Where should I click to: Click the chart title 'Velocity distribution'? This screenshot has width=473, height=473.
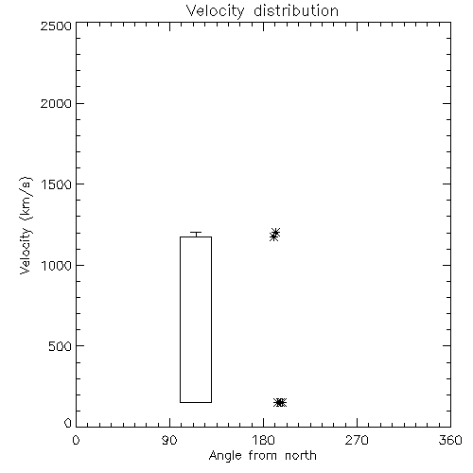[262, 10]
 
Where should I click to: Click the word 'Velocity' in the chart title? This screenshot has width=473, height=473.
[215, 11]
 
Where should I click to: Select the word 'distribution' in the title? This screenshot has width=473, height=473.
[296, 10]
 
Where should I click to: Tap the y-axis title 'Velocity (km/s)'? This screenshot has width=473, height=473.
[26, 225]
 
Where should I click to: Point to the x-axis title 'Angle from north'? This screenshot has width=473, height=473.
[262, 456]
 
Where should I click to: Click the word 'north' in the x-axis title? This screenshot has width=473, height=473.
[301, 455]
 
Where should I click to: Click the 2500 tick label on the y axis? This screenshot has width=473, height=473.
[56, 26]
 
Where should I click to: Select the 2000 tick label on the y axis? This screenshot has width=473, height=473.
[56, 103]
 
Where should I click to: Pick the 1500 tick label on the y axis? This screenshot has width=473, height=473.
[56, 184]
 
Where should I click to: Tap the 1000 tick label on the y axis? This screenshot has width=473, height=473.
[56, 265]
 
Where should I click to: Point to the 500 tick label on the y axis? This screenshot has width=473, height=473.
[61, 346]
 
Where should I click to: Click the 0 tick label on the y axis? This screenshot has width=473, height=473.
[68, 423]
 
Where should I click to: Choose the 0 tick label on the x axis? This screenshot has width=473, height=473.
[76, 440]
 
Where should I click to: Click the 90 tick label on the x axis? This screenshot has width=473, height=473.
[169, 440]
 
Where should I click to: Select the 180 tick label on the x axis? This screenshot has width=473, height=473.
[263, 440]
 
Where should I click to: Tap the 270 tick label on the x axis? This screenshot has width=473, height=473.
[357, 440]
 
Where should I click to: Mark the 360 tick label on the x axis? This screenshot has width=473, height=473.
[450, 440]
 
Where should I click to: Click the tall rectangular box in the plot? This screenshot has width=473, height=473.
[180, 320]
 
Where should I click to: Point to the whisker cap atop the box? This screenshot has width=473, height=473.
[196, 233]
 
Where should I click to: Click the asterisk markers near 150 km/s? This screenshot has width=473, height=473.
[280, 402]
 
